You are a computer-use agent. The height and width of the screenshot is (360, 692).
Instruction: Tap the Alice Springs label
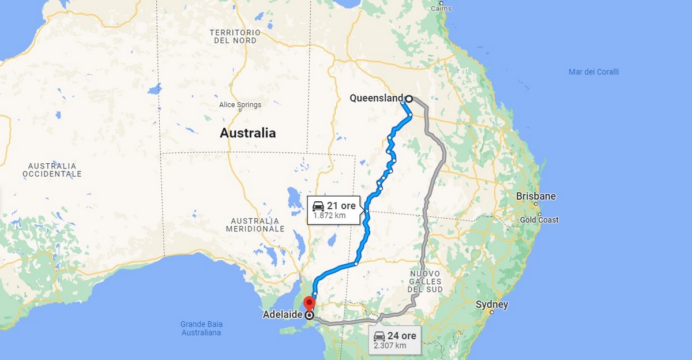[x=240, y=105]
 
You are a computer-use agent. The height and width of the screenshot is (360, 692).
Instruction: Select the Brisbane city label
[x=536, y=196]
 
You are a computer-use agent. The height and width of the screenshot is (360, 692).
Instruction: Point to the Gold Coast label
[x=539, y=220]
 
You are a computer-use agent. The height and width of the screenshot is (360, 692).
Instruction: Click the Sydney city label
[x=491, y=305]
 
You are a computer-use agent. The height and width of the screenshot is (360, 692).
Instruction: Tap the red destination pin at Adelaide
[x=310, y=303]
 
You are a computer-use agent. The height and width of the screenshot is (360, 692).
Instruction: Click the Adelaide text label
[x=283, y=316]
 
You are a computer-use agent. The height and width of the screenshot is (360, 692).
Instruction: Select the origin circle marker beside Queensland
[x=409, y=99]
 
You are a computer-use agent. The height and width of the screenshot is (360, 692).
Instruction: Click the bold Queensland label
[x=376, y=98]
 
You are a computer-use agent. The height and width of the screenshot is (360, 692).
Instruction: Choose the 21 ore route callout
[x=335, y=206]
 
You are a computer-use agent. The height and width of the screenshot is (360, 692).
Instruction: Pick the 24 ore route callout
[x=395, y=336]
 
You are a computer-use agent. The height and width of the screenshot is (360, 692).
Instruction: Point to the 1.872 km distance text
[x=329, y=216]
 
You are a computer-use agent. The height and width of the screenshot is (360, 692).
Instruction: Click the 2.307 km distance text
[x=390, y=346]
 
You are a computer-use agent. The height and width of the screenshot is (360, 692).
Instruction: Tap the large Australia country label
[x=247, y=133]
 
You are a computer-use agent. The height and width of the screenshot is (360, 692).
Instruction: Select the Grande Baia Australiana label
[x=201, y=328]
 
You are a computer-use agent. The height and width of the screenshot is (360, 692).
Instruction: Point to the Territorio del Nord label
[x=235, y=37]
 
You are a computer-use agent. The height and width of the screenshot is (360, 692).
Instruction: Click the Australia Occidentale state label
[x=52, y=170]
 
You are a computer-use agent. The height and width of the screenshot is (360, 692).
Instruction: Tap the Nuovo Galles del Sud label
[x=425, y=281]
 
